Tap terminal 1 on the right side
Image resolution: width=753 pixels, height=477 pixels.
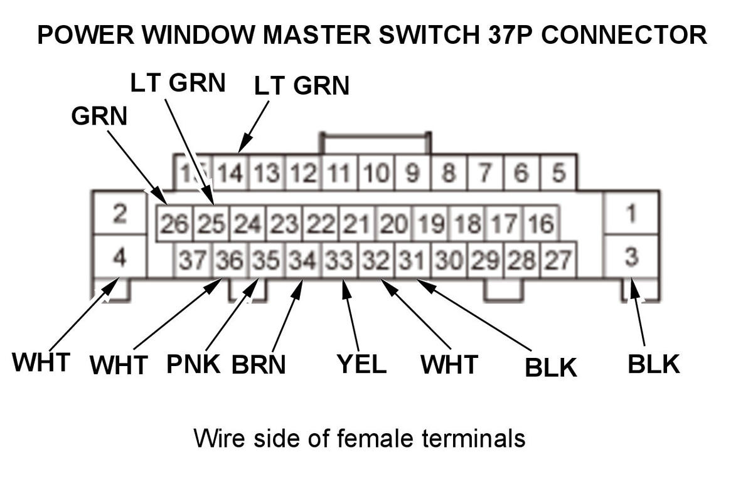(x=631, y=214)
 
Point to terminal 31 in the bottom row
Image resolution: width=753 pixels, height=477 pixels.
(x=412, y=259)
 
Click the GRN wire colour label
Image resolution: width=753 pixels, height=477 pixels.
(x=99, y=117)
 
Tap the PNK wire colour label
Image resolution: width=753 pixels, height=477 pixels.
(x=193, y=364)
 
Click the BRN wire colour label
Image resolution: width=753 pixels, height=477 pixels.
(x=259, y=364)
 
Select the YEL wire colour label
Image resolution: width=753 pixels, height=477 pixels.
(x=361, y=364)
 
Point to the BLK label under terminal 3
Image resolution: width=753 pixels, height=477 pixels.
(x=654, y=364)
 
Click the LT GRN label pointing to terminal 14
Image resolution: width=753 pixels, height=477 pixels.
(x=302, y=86)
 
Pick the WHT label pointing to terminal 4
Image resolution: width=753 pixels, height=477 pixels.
(x=41, y=362)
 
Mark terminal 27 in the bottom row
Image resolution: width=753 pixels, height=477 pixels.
(x=558, y=259)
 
